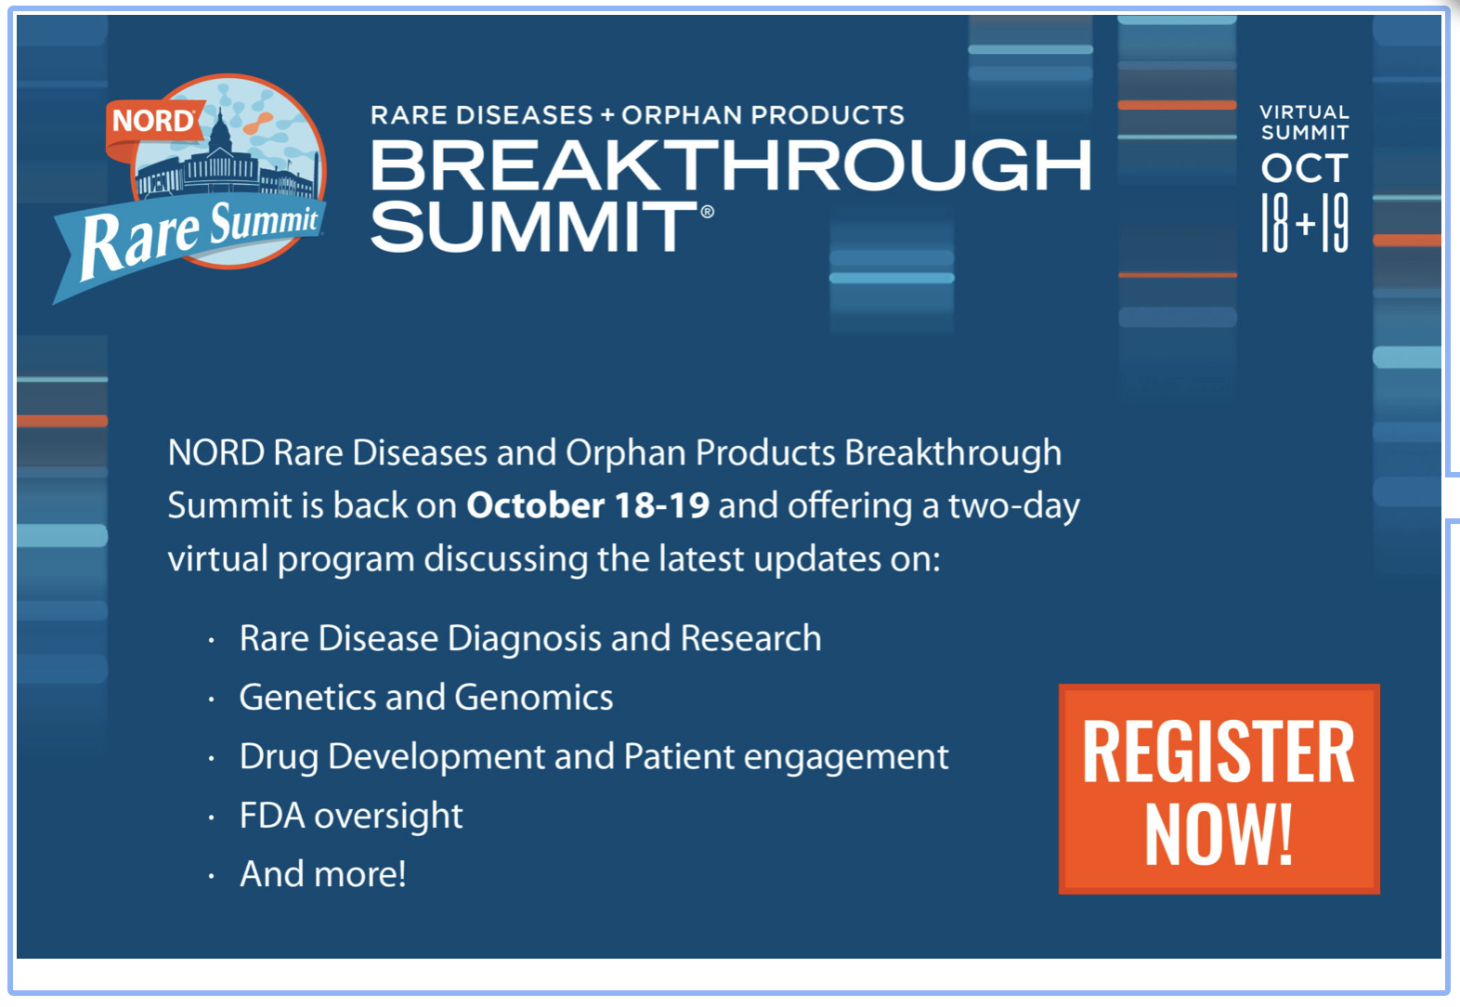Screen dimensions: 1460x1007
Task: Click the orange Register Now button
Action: click(x=1219, y=789)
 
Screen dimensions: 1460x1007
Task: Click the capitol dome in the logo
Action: click(x=220, y=130)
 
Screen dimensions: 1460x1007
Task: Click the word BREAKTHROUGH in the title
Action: click(x=731, y=165)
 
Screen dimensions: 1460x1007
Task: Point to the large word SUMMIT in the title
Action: click(x=534, y=226)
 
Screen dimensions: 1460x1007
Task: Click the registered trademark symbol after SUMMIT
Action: click(x=707, y=211)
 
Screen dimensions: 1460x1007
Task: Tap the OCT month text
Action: click(x=1304, y=168)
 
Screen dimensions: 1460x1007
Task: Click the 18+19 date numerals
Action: click(x=1304, y=223)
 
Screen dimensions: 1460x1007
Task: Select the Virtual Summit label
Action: click(x=1304, y=123)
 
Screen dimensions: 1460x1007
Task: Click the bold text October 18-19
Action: click(x=588, y=505)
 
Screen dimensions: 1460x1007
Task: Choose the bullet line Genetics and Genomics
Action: click(x=426, y=698)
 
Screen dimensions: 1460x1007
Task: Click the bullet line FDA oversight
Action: click(x=351, y=816)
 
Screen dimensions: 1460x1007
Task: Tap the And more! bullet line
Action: click(x=323, y=874)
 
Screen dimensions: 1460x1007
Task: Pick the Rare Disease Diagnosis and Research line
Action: click(x=530, y=638)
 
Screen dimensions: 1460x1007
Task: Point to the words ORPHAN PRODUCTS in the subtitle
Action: click(x=763, y=114)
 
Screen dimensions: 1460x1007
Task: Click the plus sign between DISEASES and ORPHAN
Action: click(x=607, y=115)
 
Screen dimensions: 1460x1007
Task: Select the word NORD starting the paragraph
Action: click(x=216, y=452)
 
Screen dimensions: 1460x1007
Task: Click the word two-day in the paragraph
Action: click(x=1013, y=506)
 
